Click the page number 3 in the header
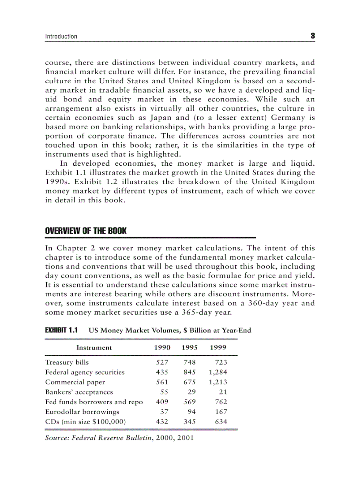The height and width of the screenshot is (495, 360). pos(312,36)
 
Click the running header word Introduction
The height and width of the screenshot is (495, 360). pos(61,37)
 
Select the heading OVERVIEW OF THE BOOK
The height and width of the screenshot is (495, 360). pos(86,231)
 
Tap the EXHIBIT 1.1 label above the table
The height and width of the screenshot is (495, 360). pos(61,330)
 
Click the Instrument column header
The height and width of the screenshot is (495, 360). pos(94,347)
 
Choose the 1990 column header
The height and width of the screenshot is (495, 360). pos(162,347)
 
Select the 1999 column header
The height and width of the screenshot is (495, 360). pos(218,347)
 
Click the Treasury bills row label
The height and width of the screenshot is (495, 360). pos(67,362)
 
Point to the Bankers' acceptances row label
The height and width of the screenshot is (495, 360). pos(79,392)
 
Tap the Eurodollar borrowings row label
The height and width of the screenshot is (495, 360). pos(82,412)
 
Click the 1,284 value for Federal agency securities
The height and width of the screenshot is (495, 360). pos(218,372)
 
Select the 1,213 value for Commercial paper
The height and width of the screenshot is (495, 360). pos(218,382)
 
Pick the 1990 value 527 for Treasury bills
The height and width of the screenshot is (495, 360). pos(162,362)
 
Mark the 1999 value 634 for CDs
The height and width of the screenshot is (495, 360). pos(221,422)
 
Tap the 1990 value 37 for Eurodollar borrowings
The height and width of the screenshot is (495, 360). pos(165,412)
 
